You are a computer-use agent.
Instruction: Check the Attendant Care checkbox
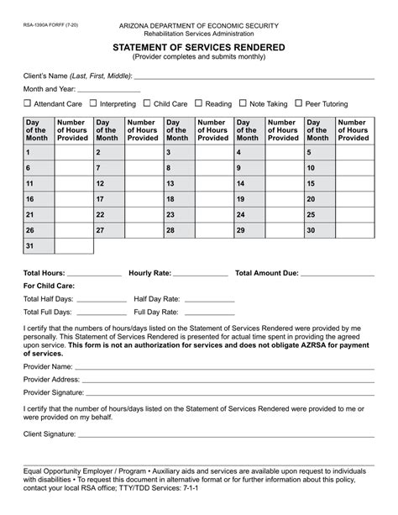(x=27, y=104)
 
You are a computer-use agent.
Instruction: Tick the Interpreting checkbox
(x=93, y=104)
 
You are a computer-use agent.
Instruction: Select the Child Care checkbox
(x=146, y=104)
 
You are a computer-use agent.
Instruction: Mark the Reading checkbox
(x=198, y=104)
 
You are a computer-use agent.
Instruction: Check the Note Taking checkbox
(x=244, y=104)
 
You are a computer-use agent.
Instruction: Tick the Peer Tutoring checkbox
(x=299, y=104)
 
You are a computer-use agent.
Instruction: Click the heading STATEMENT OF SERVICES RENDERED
(x=198, y=49)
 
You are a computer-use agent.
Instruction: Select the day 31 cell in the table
(x=39, y=246)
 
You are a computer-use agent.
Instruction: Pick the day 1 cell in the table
(x=39, y=152)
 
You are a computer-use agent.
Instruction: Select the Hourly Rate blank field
(x=201, y=274)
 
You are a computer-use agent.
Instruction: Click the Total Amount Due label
(x=267, y=273)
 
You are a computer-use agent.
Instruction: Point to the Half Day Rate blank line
(x=209, y=300)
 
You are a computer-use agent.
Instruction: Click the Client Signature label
(x=49, y=434)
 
